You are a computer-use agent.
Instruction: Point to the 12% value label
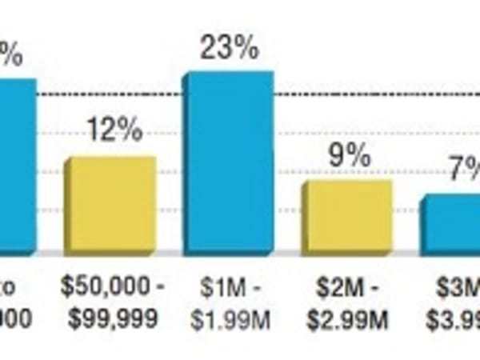[x=115, y=130]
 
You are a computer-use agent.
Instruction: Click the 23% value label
[x=230, y=49]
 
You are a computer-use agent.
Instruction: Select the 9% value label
[x=350, y=155]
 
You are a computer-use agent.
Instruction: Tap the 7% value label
[x=465, y=169]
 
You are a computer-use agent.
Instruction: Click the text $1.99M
[x=230, y=321]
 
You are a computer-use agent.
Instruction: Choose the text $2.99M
[x=347, y=321]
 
